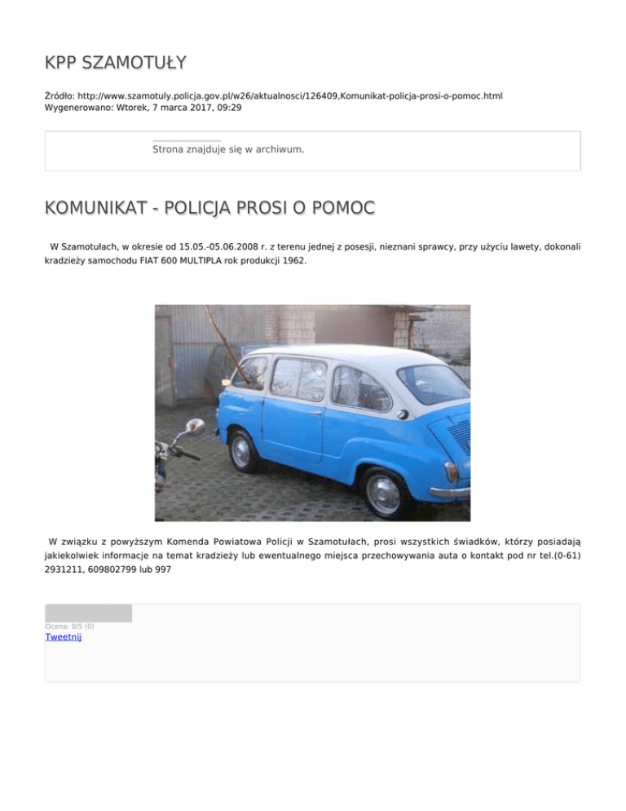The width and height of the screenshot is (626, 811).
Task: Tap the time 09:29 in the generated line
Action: click(228, 107)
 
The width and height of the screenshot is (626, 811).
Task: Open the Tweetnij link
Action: click(63, 637)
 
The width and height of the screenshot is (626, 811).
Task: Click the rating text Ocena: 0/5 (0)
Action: click(69, 627)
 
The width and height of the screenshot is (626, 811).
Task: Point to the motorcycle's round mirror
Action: click(196, 426)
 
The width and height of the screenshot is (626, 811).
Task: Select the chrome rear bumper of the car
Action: click(451, 491)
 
